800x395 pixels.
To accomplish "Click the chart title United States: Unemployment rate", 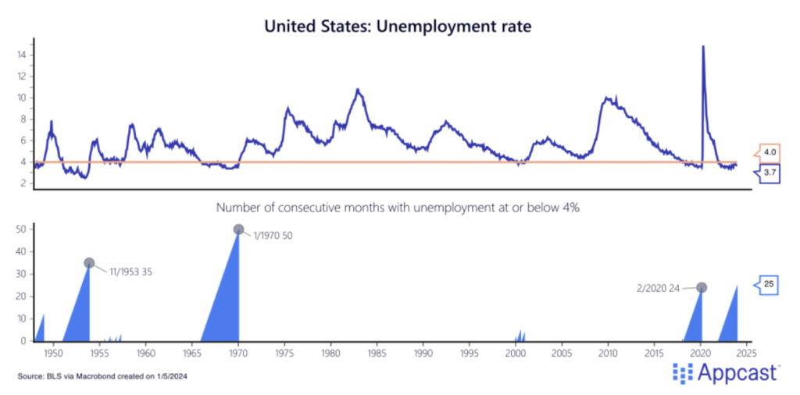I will pyautogui.click(x=398, y=26).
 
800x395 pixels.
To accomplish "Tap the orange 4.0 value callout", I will pyautogui.click(x=769, y=153).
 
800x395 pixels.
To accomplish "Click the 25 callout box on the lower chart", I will pyautogui.click(x=769, y=285).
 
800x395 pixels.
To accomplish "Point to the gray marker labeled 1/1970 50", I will pyautogui.click(x=239, y=230).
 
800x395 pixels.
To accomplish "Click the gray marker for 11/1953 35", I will pyautogui.click(x=89, y=263).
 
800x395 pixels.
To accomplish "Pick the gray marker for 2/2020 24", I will pyautogui.click(x=702, y=287).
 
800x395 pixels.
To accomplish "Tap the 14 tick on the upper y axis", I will pyautogui.click(x=22, y=55).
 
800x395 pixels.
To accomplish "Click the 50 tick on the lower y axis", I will pyautogui.click(x=22, y=229).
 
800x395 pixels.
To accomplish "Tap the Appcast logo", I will pyautogui.click(x=724, y=372).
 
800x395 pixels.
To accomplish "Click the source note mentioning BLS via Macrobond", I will pyautogui.click(x=102, y=376).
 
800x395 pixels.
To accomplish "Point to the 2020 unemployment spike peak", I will pyautogui.click(x=703, y=47).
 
